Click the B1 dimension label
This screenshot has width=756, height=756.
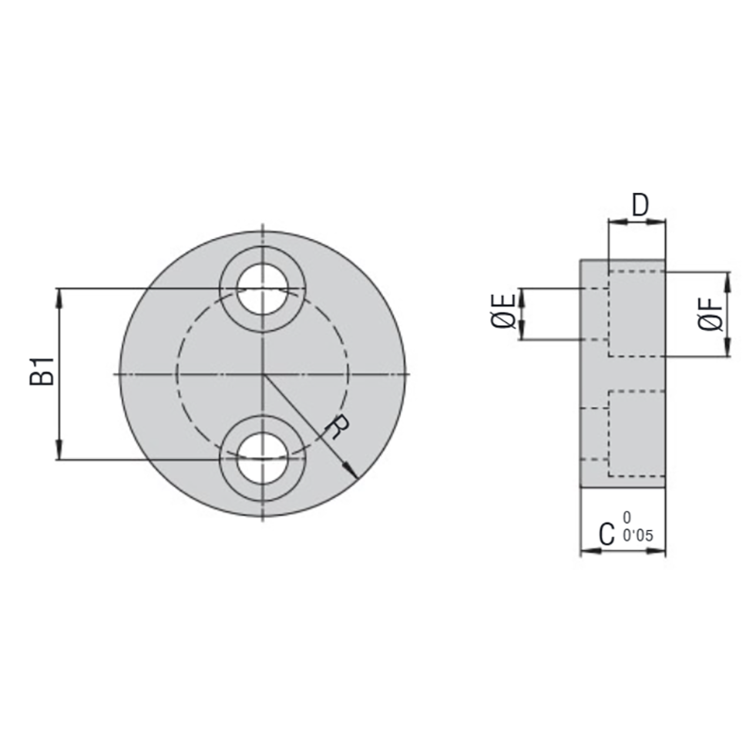point(41,373)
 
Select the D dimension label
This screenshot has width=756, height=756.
point(639,206)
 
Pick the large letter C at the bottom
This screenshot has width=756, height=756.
point(610,536)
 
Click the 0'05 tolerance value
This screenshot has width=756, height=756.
point(639,536)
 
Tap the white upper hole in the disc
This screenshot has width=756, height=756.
point(263,288)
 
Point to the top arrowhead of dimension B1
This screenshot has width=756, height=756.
point(60,295)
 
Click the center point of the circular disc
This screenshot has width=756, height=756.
point(263,374)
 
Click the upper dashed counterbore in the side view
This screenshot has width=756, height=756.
point(638,314)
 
